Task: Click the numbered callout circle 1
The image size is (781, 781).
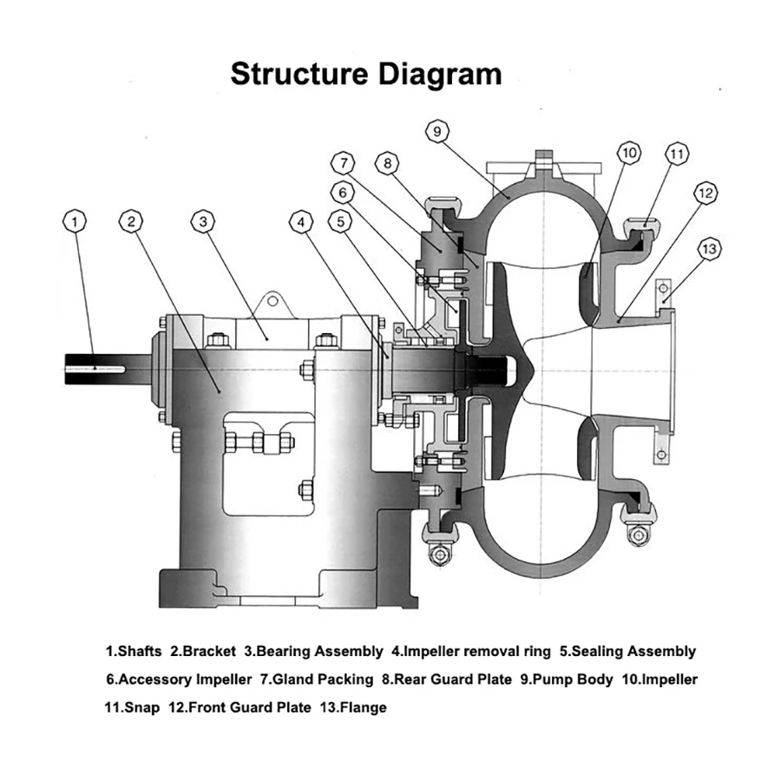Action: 76,221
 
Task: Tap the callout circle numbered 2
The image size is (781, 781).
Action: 131,221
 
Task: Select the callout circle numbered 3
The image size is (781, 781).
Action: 203,221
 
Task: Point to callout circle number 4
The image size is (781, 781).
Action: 301,221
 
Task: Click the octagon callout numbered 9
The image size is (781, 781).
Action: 437,131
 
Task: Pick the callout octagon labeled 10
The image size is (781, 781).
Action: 629,154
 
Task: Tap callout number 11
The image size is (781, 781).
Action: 677,154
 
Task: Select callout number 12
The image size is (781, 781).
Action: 705,192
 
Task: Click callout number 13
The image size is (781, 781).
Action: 709,249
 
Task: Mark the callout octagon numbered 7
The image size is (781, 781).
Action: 345,162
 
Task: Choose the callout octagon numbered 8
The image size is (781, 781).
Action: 388,162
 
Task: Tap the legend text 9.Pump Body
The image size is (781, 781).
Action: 567,679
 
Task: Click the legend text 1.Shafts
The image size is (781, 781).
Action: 134,651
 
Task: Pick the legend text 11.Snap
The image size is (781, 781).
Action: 132,707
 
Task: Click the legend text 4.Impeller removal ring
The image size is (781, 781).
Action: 471,651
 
